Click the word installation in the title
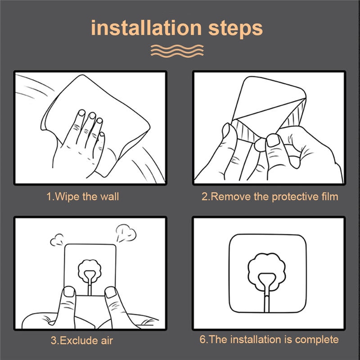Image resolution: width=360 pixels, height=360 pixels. coord(146,28)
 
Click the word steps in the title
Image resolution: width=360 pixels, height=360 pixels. coord(235,29)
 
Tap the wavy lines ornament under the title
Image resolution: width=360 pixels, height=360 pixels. coord(177,51)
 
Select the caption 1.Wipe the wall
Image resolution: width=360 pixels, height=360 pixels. coord(83,197)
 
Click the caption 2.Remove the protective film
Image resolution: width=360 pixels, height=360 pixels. coord(270,197)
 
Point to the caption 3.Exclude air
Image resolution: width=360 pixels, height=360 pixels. coord(82,340)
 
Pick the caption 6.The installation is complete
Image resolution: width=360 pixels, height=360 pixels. coord(269,340)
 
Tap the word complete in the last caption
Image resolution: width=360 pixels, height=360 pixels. coord(317,340)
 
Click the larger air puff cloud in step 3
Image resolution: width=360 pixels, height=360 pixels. coord(126,233)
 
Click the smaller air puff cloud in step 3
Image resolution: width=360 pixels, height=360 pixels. coord(57,240)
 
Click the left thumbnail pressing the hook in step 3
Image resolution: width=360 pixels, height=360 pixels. coord(69,292)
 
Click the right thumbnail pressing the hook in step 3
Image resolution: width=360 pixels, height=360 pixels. coord(110,292)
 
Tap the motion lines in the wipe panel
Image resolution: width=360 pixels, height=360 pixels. coord(35,87)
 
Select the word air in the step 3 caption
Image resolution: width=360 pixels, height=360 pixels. coord(107,341)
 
